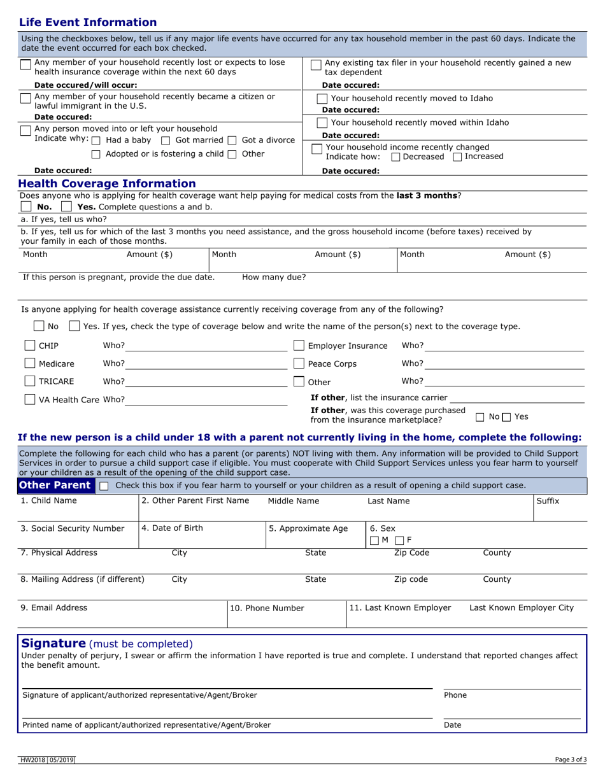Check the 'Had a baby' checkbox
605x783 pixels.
tap(96, 140)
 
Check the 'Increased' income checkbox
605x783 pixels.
tap(457, 157)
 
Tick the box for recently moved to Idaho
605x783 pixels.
tap(322, 99)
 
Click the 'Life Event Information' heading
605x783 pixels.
tap(88, 23)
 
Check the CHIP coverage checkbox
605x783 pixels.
tap(30, 346)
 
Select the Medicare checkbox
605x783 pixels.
tap(30, 363)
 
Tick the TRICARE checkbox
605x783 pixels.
tap(30, 381)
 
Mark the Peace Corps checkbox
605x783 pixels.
tap(299, 363)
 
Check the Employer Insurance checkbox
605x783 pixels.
tap(299, 346)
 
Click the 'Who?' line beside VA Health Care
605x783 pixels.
tap(206, 400)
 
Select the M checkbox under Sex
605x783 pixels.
tap(374, 540)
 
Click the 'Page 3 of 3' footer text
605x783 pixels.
tap(571, 759)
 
